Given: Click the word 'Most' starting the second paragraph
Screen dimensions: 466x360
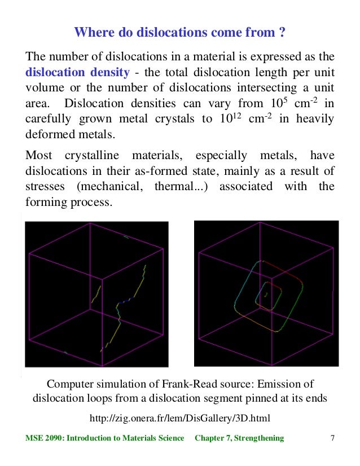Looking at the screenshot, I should pos(38,155).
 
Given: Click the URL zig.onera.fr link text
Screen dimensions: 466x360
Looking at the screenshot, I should pos(180,418).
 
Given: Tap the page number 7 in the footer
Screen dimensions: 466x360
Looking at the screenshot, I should pos(332,438).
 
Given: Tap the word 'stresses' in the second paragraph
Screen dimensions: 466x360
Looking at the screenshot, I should pos(46,186).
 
